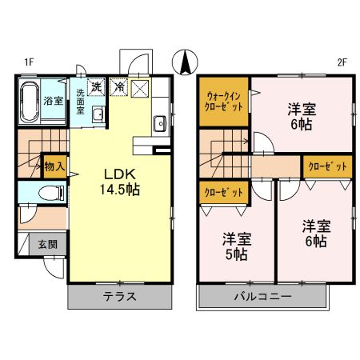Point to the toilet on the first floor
click(53, 193)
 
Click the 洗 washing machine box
click(96, 86)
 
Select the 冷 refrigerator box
click(118, 86)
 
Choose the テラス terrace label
click(119, 297)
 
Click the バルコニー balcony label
click(262, 297)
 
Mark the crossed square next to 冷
click(139, 87)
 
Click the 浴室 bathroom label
click(54, 101)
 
